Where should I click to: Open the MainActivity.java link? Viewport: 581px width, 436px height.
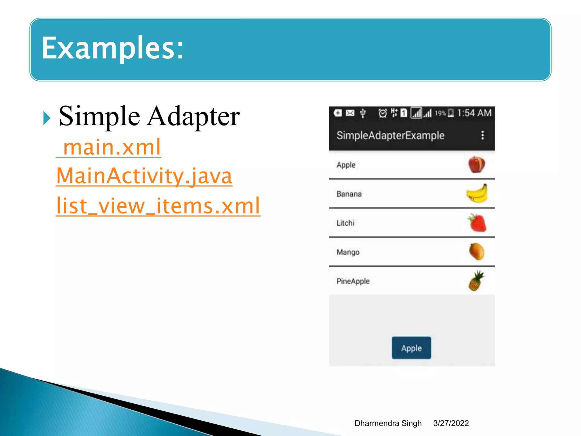(144, 176)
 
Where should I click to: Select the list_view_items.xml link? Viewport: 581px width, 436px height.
(158, 206)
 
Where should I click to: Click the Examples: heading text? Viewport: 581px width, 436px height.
(113, 48)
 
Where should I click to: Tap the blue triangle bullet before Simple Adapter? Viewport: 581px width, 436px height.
(47, 118)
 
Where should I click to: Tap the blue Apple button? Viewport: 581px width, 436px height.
(411, 348)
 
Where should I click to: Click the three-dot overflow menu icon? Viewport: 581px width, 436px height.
(482, 135)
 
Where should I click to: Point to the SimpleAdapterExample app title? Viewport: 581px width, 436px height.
(390, 135)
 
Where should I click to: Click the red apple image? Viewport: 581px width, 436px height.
(477, 165)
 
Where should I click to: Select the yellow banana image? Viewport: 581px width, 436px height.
(477, 194)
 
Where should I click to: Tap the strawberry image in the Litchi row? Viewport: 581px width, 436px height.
(477, 223)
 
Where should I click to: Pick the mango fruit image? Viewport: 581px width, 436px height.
(477, 252)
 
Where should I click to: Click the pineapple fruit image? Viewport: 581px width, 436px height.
(476, 281)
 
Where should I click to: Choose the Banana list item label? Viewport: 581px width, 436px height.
(349, 194)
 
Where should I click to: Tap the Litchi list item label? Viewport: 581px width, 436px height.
(345, 223)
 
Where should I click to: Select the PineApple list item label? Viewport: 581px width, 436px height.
(353, 281)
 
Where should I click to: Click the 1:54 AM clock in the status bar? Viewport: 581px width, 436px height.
(474, 113)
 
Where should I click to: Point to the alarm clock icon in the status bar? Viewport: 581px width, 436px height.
(382, 113)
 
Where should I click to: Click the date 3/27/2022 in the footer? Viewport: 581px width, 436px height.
(451, 423)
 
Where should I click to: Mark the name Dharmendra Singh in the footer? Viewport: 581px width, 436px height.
(388, 423)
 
